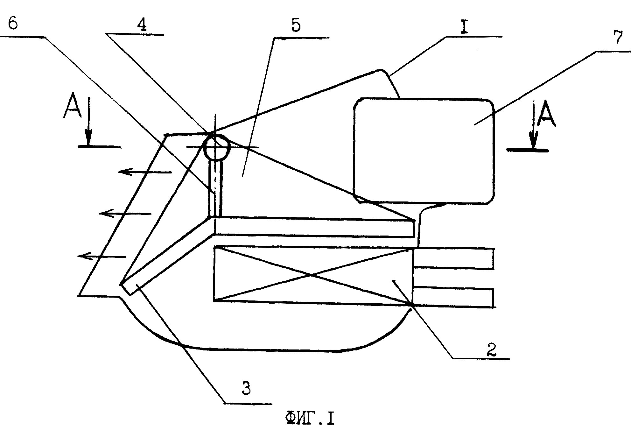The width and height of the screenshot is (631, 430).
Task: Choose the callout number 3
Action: tap(246, 388)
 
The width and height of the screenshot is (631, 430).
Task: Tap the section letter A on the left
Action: tap(71, 106)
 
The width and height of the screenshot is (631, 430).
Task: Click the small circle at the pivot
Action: tap(216, 147)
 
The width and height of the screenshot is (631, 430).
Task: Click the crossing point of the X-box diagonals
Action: tap(311, 275)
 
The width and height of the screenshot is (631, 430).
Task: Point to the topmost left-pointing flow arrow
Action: tap(145, 172)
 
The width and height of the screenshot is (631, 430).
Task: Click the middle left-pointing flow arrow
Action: tap(125, 213)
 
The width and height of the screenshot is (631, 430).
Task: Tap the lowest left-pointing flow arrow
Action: tap(102, 256)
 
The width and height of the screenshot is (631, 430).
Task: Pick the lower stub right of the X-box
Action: tap(453, 298)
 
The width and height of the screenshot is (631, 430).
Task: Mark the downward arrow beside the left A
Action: tap(89, 121)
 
